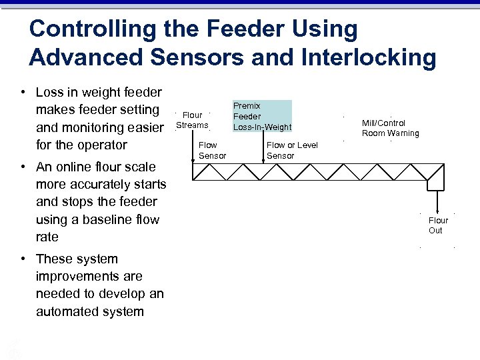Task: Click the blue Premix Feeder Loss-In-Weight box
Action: point(262,116)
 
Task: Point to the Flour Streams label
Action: point(192,120)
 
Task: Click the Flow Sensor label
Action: point(212,150)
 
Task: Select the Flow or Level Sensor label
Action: point(292,150)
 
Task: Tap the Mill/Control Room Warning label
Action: point(390,128)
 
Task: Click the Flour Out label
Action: point(438,225)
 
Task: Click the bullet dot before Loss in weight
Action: point(23,92)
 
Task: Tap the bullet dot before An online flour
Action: point(23,167)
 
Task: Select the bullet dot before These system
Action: point(23,259)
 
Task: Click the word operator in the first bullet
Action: point(101,145)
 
